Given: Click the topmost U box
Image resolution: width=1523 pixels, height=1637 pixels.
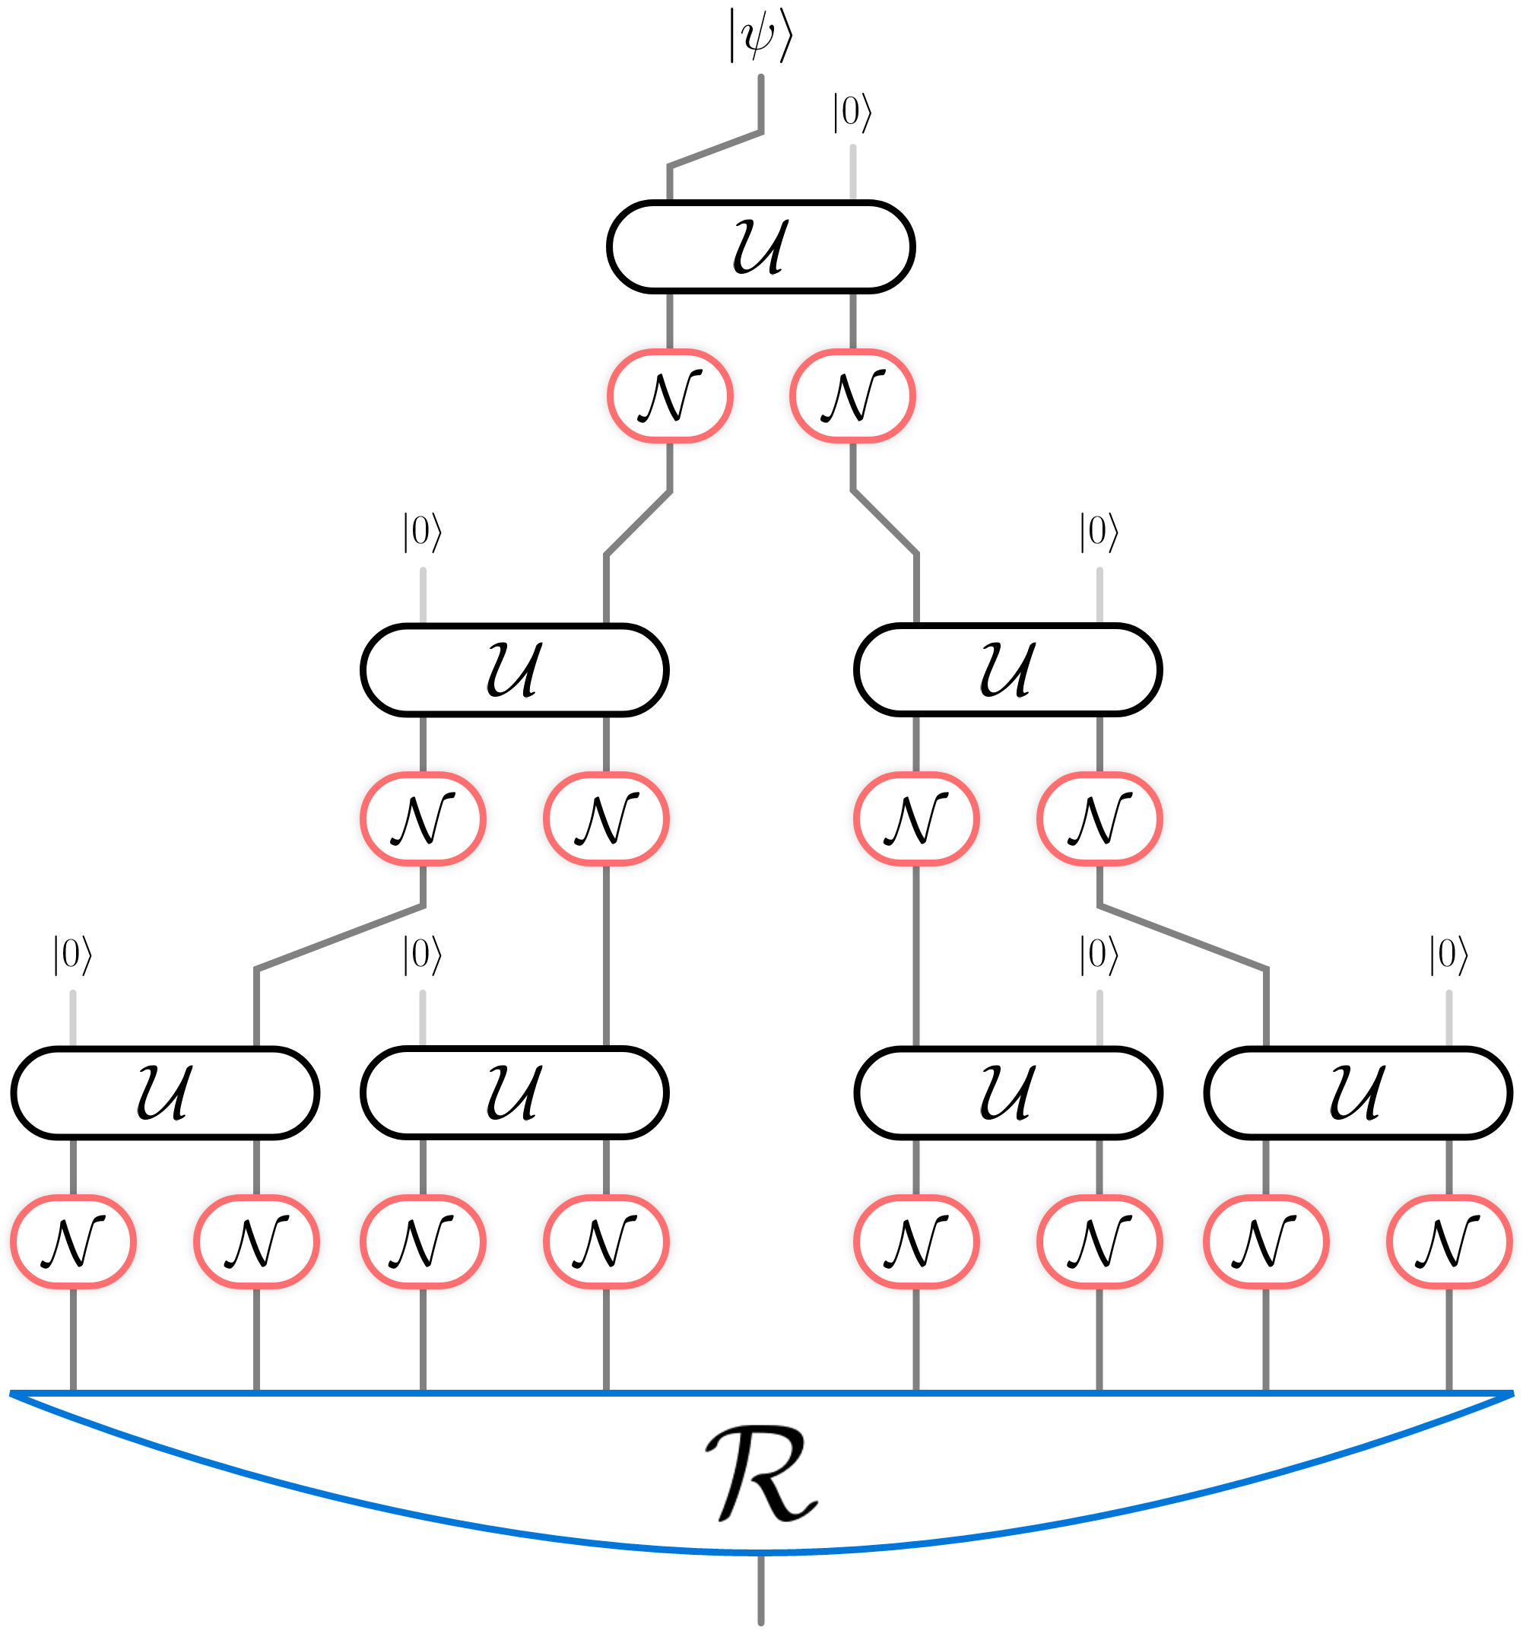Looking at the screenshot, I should (760, 246).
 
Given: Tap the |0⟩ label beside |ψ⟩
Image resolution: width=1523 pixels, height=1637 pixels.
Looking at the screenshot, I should (852, 113).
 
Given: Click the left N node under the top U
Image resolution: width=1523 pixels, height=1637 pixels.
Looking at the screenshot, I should (669, 396).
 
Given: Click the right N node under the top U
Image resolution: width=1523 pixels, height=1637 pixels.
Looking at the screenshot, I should (852, 396).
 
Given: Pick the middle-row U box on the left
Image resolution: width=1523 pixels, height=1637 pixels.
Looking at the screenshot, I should (514, 669).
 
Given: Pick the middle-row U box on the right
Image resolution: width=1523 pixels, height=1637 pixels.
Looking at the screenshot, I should (1007, 669).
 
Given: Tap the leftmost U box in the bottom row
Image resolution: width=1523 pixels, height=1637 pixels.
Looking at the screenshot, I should (165, 1092).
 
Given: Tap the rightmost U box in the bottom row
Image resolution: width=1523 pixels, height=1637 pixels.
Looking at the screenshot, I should (1357, 1092).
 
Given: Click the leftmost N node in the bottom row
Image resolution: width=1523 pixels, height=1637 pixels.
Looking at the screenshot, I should (73, 1241).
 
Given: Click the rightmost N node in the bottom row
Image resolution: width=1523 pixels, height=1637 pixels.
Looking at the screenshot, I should (1449, 1241).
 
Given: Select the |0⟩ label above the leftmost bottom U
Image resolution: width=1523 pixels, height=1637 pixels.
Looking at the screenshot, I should (73, 955).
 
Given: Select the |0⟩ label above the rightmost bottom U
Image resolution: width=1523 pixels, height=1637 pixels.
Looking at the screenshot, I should (1449, 955).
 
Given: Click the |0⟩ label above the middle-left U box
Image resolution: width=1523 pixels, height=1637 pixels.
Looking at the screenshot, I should (422, 532).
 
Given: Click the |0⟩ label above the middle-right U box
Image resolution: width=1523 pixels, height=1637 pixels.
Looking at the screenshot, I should (1099, 532).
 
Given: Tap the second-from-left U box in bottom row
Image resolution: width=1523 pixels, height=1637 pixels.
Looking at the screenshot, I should (514, 1092).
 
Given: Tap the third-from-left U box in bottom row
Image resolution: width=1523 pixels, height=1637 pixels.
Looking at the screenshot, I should (1007, 1092).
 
